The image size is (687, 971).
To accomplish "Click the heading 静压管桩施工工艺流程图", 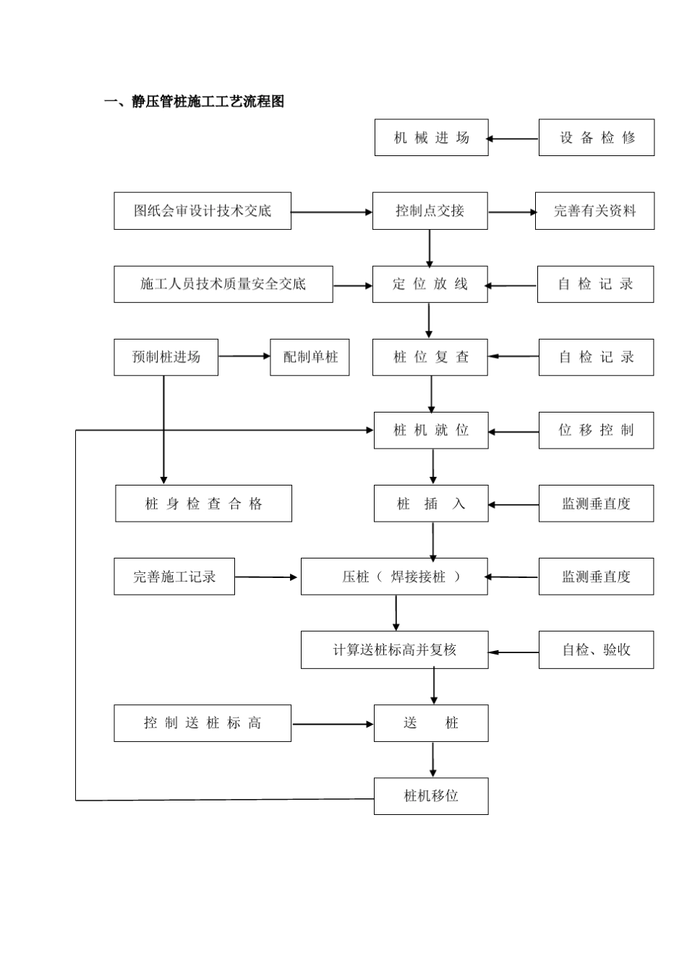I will [195, 102].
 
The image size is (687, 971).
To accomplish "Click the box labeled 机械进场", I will [431, 138].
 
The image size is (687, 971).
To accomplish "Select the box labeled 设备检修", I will [596, 138].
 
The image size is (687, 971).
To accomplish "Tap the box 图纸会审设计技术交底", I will [202, 211].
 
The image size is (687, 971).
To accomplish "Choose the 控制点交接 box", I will [430, 211].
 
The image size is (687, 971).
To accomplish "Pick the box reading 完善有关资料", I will [594, 211].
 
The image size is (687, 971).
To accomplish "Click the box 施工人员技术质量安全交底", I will [223, 284].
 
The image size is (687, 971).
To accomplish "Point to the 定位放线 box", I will [430, 284].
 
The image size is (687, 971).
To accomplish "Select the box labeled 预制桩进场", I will [166, 357].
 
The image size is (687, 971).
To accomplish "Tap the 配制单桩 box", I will [310, 357].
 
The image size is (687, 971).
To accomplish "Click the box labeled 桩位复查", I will [430, 357].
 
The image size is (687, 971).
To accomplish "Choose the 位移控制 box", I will [596, 430].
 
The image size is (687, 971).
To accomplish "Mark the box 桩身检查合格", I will [203, 504].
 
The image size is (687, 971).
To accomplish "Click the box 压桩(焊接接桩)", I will [394, 577].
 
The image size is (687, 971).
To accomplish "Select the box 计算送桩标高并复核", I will [394, 650].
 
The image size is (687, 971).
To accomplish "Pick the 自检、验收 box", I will [596, 650].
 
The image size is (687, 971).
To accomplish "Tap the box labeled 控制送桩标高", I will [202, 723].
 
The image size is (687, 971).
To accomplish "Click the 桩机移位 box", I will [431, 796].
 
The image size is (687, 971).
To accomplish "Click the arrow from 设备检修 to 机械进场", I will [513, 139].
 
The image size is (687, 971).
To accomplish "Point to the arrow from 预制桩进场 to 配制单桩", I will [244, 356].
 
